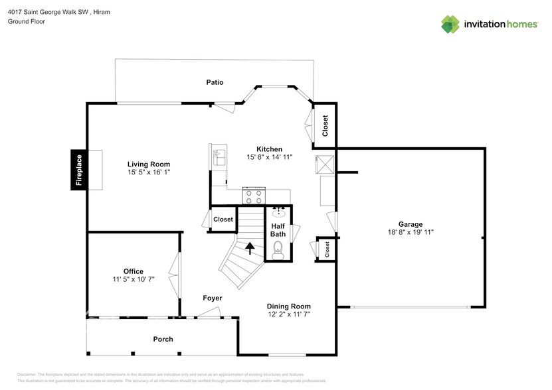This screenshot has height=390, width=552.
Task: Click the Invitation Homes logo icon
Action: click(x=451, y=24)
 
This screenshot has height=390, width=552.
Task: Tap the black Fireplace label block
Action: click(x=79, y=170)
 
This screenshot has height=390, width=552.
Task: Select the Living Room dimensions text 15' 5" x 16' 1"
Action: click(x=149, y=172)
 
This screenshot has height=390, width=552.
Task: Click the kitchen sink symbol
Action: click(x=219, y=157)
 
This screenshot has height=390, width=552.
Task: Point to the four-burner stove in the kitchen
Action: click(x=254, y=196)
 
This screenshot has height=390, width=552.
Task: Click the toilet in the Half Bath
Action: click(x=278, y=250)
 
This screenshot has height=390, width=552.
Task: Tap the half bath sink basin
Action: click(x=278, y=214)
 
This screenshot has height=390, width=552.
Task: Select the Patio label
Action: click(x=214, y=82)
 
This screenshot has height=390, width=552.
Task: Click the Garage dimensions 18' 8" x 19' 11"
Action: click(x=410, y=233)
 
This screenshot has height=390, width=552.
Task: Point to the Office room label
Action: click(x=133, y=271)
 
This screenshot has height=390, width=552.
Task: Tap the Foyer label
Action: click(x=212, y=298)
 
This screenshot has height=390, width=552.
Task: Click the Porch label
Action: click(x=163, y=339)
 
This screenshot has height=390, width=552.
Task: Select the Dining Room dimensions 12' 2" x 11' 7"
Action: click(x=289, y=314)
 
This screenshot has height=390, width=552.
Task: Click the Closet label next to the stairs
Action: click(x=223, y=220)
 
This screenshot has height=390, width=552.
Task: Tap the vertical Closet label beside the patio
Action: click(x=325, y=125)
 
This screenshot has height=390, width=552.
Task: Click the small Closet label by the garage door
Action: click(x=327, y=248)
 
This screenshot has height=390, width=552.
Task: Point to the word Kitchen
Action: click(x=269, y=149)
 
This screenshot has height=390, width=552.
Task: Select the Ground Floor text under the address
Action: click(x=25, y=21)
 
